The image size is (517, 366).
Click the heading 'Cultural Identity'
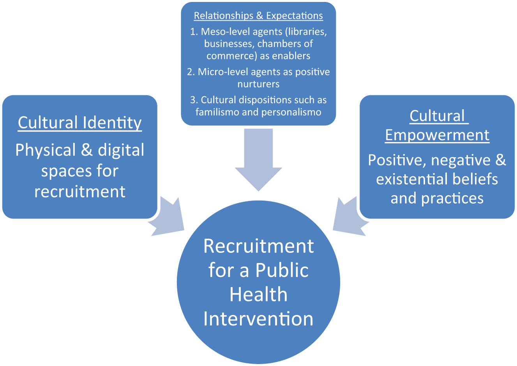pos(79,123)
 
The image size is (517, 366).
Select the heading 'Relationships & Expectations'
pos(258,16)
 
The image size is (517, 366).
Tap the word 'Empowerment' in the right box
pos(437,135)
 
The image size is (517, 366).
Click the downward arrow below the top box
pos(259,160)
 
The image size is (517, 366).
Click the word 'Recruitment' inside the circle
pos(259,246)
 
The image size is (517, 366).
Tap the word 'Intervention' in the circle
pos(258,319)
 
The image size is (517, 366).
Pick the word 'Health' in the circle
pos(259,294)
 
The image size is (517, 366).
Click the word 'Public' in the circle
pos(282,270)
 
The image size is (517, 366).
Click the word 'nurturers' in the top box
pos(259,84)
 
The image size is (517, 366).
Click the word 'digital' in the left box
pos(121,151)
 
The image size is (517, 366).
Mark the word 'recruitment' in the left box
pos(80,192)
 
